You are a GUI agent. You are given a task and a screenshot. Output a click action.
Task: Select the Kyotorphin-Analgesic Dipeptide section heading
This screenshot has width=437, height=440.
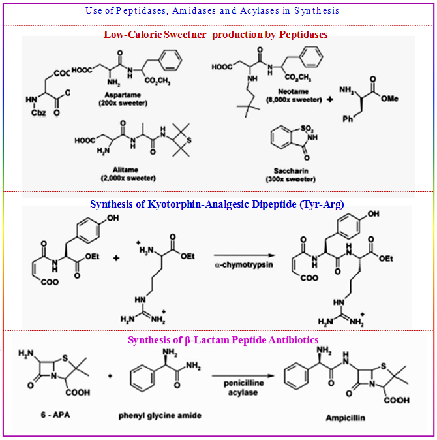click(217, 204)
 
